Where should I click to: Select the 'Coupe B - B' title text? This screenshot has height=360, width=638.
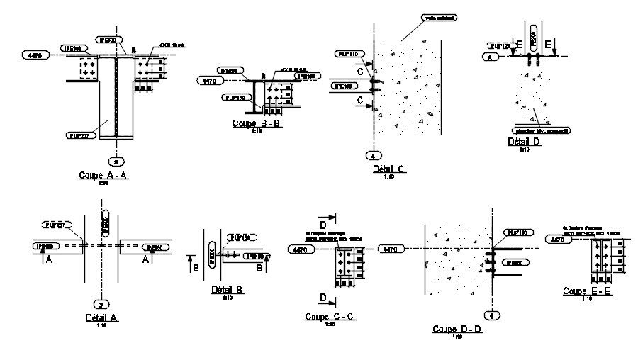[257, 123]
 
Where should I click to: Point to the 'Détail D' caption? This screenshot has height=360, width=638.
[525, 142]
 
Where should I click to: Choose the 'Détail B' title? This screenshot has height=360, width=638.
[228, 290]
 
